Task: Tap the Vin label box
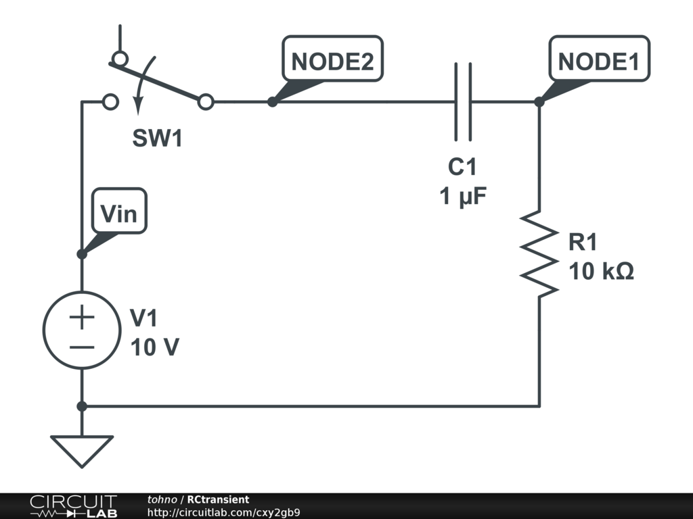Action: [119, 214]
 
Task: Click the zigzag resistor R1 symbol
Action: [539, 253]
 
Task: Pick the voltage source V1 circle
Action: [82, 330]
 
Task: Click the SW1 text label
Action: [157, 139]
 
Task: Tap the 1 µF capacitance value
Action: [463, 197]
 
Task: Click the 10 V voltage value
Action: [155, 347]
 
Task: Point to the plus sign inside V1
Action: [82, 316]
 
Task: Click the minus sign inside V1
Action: [82, 347]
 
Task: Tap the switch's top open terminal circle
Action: [119, 59]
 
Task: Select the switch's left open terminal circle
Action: [110, 102]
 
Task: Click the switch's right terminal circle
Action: [206, 102]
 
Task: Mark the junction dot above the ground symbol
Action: [82, 406]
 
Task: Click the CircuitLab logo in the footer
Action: [73, 505]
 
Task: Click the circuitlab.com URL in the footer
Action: [223, 512]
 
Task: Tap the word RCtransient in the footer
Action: [218, 499]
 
